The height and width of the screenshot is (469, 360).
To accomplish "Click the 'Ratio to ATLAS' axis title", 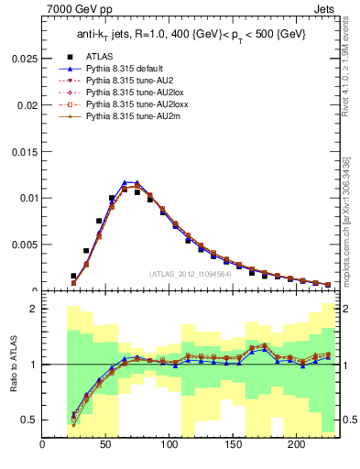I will pyautogui.click(x=12, y=364).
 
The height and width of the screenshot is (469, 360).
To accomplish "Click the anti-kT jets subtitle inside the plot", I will pyautogui.click(x=191, y=35).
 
